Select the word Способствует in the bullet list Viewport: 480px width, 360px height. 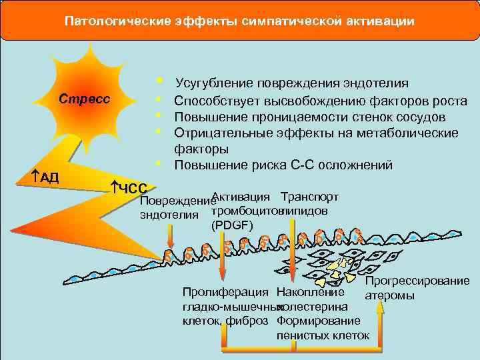point(215,101)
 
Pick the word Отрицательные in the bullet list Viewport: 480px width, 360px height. point(217,133)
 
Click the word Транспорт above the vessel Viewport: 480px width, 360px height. point(310,197)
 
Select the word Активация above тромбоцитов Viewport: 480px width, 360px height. point(241,197)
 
